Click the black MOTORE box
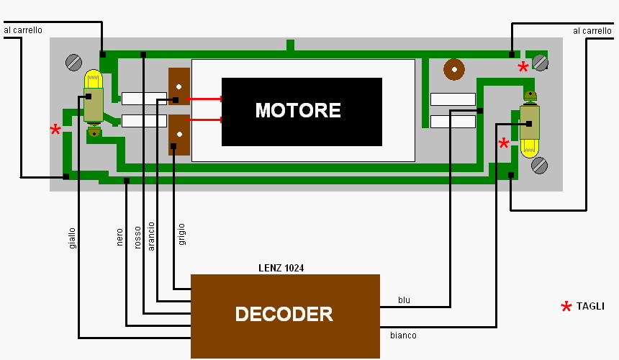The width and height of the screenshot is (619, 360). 302,112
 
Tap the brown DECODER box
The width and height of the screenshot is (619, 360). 285,315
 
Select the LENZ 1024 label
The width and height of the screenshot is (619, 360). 281,268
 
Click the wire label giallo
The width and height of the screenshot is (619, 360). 72,238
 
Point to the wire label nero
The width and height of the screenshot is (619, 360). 119,238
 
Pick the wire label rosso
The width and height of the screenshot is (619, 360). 137,238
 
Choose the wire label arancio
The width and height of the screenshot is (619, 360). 151,235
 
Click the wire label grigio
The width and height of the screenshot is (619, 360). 182,236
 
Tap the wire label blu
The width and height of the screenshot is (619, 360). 404,300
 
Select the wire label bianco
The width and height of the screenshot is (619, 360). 403,336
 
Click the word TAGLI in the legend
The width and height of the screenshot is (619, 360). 590,307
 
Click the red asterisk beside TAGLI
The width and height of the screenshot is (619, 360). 566,307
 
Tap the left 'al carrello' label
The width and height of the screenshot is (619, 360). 23,31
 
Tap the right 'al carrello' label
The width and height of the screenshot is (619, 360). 592,31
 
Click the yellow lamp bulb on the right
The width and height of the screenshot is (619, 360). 530,148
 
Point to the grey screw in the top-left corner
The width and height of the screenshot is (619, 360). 73,63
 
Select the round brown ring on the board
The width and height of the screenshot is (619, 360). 453,69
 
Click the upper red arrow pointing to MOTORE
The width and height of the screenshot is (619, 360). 204,99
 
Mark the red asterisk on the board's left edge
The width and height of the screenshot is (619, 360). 55,130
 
